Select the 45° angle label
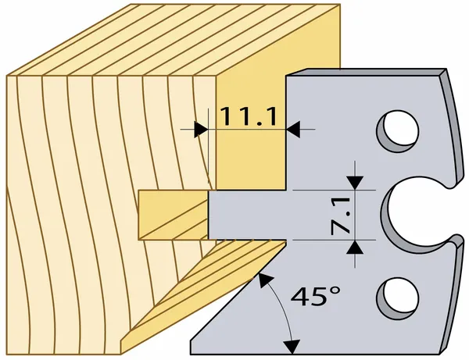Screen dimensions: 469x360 316,296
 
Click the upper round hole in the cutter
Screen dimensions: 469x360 398,131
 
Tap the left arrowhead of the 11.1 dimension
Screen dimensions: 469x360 201,130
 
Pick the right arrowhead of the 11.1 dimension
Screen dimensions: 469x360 293,130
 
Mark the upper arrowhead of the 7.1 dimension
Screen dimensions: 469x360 355,183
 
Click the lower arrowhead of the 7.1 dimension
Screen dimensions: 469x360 355,247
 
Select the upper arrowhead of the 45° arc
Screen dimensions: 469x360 264,280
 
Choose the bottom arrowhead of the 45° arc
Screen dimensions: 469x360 292,348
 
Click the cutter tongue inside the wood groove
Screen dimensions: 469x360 247,215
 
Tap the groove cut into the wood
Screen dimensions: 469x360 173,215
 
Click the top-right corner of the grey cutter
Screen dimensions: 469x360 446,69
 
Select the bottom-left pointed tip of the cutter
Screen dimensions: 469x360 191,355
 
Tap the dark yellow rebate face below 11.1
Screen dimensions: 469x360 251,162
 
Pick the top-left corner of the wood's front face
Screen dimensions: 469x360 6,76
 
